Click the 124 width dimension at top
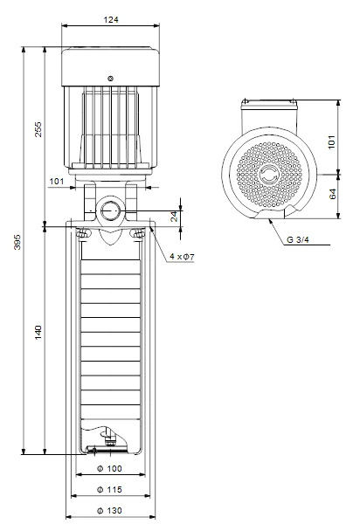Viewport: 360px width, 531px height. coord(111,19)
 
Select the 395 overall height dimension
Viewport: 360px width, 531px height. coord(17,242)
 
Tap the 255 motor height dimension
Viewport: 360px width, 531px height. coord(38,129)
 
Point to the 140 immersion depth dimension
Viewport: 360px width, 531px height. coord(38,332)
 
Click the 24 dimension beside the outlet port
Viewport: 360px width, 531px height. coord(174,217)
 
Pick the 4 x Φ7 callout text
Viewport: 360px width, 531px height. coord(182,257)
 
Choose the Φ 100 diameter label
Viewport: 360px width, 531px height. coord(109,468)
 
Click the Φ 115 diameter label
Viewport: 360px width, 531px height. coord(109,489)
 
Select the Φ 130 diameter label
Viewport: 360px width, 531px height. coord(109,510)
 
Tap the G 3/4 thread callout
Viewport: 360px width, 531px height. coord(298,240)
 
